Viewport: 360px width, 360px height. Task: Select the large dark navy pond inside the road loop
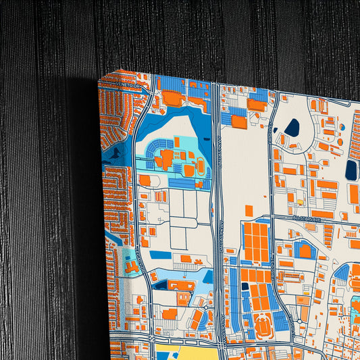click(292, 127)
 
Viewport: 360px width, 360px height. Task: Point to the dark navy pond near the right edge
click(351, 169)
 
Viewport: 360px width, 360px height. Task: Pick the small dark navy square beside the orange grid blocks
click(245, 286)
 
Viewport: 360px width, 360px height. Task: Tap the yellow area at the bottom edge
click(186, 353)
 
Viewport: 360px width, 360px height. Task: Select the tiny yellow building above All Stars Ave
click(300, 202)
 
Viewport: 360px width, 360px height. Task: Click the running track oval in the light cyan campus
click(201, 164)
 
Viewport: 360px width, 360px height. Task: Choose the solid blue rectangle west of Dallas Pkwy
click(161, 255)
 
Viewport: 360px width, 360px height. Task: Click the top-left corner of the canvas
click(99, 79)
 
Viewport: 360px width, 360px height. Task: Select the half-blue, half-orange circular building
click(342, 126)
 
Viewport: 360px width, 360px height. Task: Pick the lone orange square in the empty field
click(249, 211)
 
